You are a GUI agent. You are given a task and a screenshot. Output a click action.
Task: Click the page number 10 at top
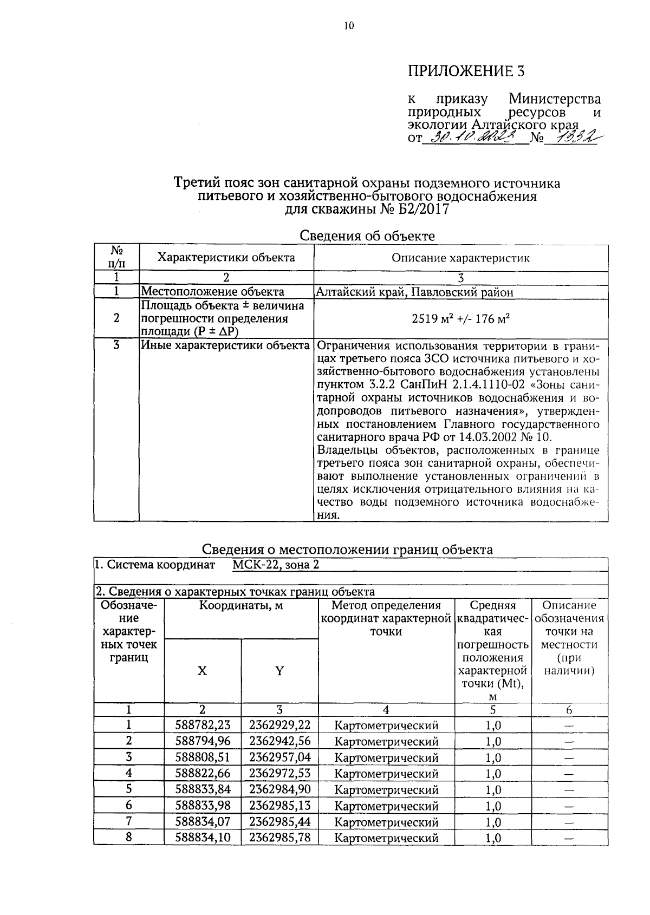click(348, 25)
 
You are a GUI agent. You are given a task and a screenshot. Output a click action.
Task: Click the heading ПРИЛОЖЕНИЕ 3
click(466, 71)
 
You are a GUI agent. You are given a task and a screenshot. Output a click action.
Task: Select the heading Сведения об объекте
click(367, 236)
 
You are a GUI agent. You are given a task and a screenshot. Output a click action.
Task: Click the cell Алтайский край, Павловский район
click(414, 292)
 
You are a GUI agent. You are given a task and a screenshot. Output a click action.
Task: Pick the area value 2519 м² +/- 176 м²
click(461, 318)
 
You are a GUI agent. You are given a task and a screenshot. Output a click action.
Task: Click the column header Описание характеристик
click(460, 258)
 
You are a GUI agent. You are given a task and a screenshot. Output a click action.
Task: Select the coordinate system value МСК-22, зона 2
click(276, 565)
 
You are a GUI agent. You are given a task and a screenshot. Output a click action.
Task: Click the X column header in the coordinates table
click(202, 671)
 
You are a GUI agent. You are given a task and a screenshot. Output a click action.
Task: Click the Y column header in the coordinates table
click(279, 671)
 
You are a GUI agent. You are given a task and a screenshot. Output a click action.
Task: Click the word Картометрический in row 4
click(386, 774)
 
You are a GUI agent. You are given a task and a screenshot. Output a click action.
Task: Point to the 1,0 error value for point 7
click(493, 822)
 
